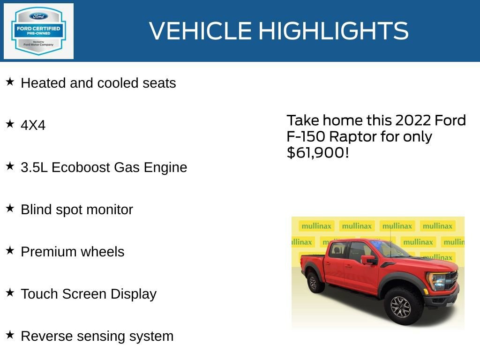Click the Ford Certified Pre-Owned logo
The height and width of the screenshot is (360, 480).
click(38, 31)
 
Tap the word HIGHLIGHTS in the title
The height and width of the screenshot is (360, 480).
click(333, 31)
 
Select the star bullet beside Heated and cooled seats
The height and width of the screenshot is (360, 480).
click(10, 82)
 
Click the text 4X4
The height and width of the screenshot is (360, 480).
click(33, 125)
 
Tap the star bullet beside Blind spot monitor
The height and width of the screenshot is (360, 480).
click(10, 209)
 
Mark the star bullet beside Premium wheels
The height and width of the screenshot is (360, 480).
click(10, 251)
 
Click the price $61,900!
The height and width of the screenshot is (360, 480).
click(318, 152)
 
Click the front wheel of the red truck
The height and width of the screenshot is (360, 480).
click(400, 307)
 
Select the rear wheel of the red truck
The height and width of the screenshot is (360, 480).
click(313, 283)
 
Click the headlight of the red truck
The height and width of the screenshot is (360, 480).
click(438, 282)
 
